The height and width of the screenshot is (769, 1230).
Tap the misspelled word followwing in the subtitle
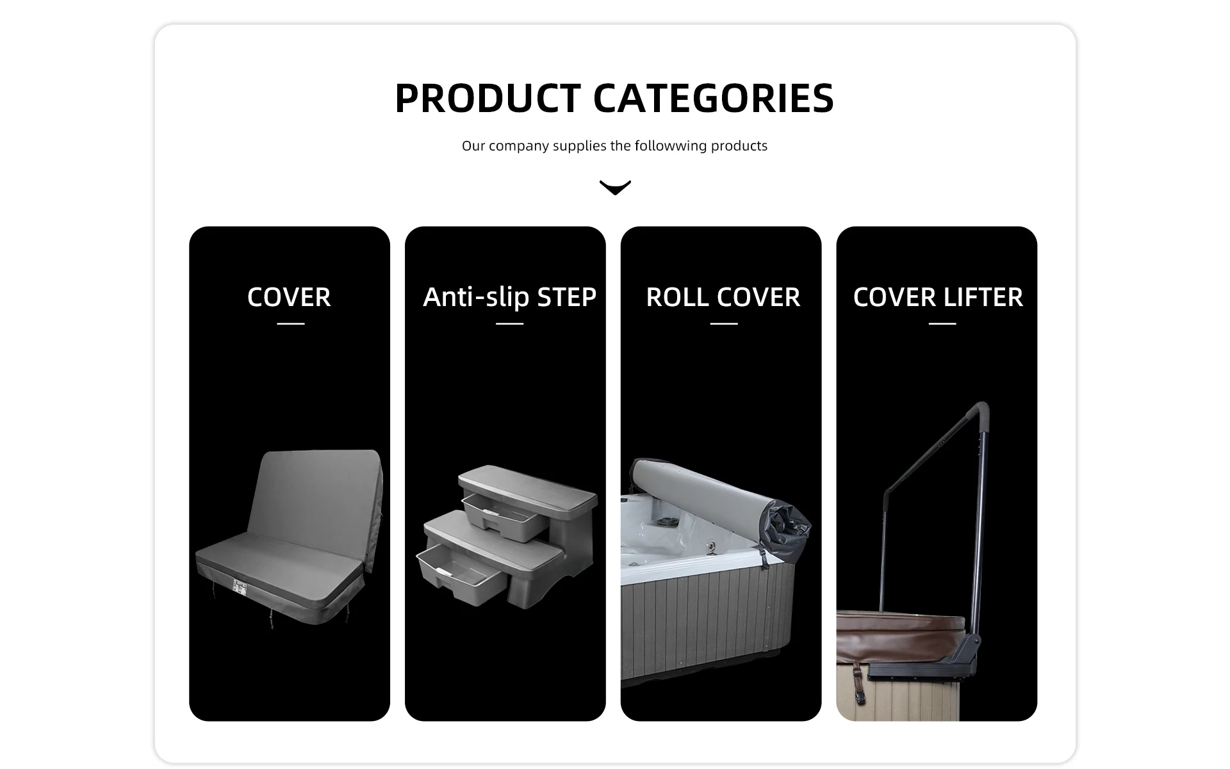pos(671,146)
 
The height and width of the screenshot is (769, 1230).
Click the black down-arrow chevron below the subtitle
pos(615,187)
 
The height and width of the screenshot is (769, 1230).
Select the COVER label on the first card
pos(289,297)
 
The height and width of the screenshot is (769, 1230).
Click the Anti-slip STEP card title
pos(510,297)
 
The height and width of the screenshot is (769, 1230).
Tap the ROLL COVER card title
pos(723,297)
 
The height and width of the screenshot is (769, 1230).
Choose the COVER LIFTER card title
pos(938,297)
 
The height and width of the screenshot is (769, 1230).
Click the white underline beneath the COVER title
pos(291,324)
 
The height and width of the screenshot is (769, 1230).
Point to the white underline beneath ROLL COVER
pos(724,324)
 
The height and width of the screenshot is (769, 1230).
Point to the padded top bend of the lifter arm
pos(977,413)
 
